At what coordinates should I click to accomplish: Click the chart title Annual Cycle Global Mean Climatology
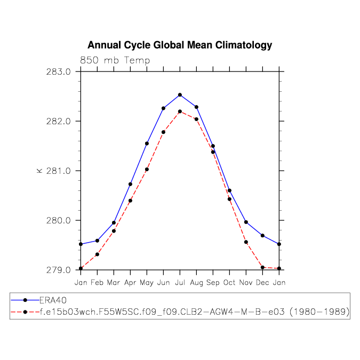pyautogui.click(x=180, y=45)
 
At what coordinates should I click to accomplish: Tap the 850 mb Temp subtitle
pyautogui.click(x=115, y=60)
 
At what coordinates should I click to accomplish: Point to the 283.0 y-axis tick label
pyautogui.click(x=59, y=71)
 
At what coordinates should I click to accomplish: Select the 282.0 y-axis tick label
pyautogui.click(x=59, y=121)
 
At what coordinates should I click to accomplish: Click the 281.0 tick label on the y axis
pyautogui.click(x=59, y=171)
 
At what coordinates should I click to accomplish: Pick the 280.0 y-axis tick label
pyautogui.click(x=59, y=220)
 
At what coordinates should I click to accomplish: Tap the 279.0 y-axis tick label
pyautogui.click(x=59, y=270)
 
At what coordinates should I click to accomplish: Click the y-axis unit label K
pyautogui.click(x=38, y=171)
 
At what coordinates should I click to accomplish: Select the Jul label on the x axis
pyautogui.click(x=180, y=282)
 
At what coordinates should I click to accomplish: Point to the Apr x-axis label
pyautogui.click(x=130, y=282)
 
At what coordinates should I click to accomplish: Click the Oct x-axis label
pyautogui.click(x=229, y=282)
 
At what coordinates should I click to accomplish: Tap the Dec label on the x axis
pyautogui.click(x=262, y=282)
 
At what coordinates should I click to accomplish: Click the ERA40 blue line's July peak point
pyautogui.click(x=180, y=95)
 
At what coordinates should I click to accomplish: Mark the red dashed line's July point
pyautogui.click(x=180, y=111)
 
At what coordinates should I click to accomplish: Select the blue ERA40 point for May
pyautogui.click(x=147, y=143)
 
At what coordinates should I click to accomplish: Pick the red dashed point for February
pyautogui.click(x=97, y=254)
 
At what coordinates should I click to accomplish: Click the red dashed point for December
pyautogui.click(x=262, y=267)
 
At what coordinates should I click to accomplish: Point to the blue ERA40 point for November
pyautogui.click(x=246, y=222)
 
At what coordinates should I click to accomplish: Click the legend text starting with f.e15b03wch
pyautogui.click(x=195, y=312)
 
